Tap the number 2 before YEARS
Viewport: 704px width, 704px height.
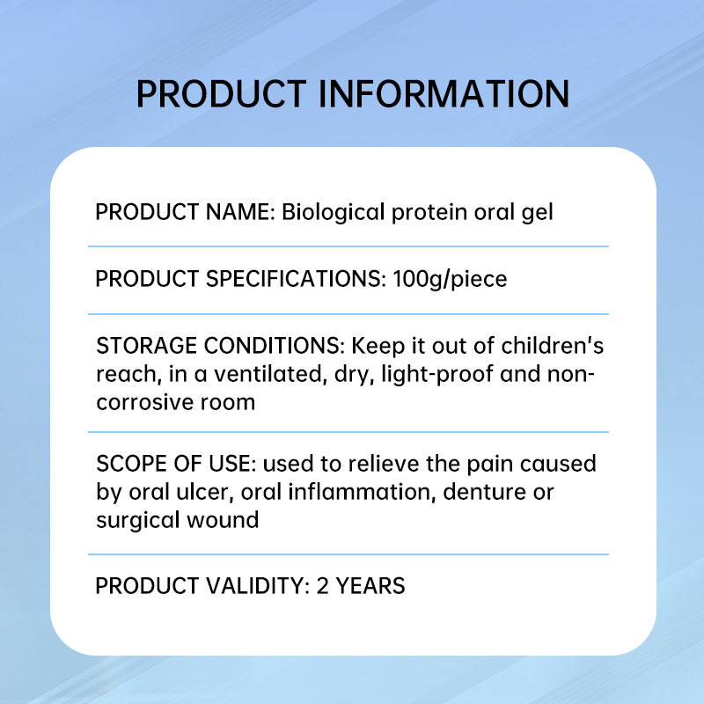(x=323, y=586)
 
